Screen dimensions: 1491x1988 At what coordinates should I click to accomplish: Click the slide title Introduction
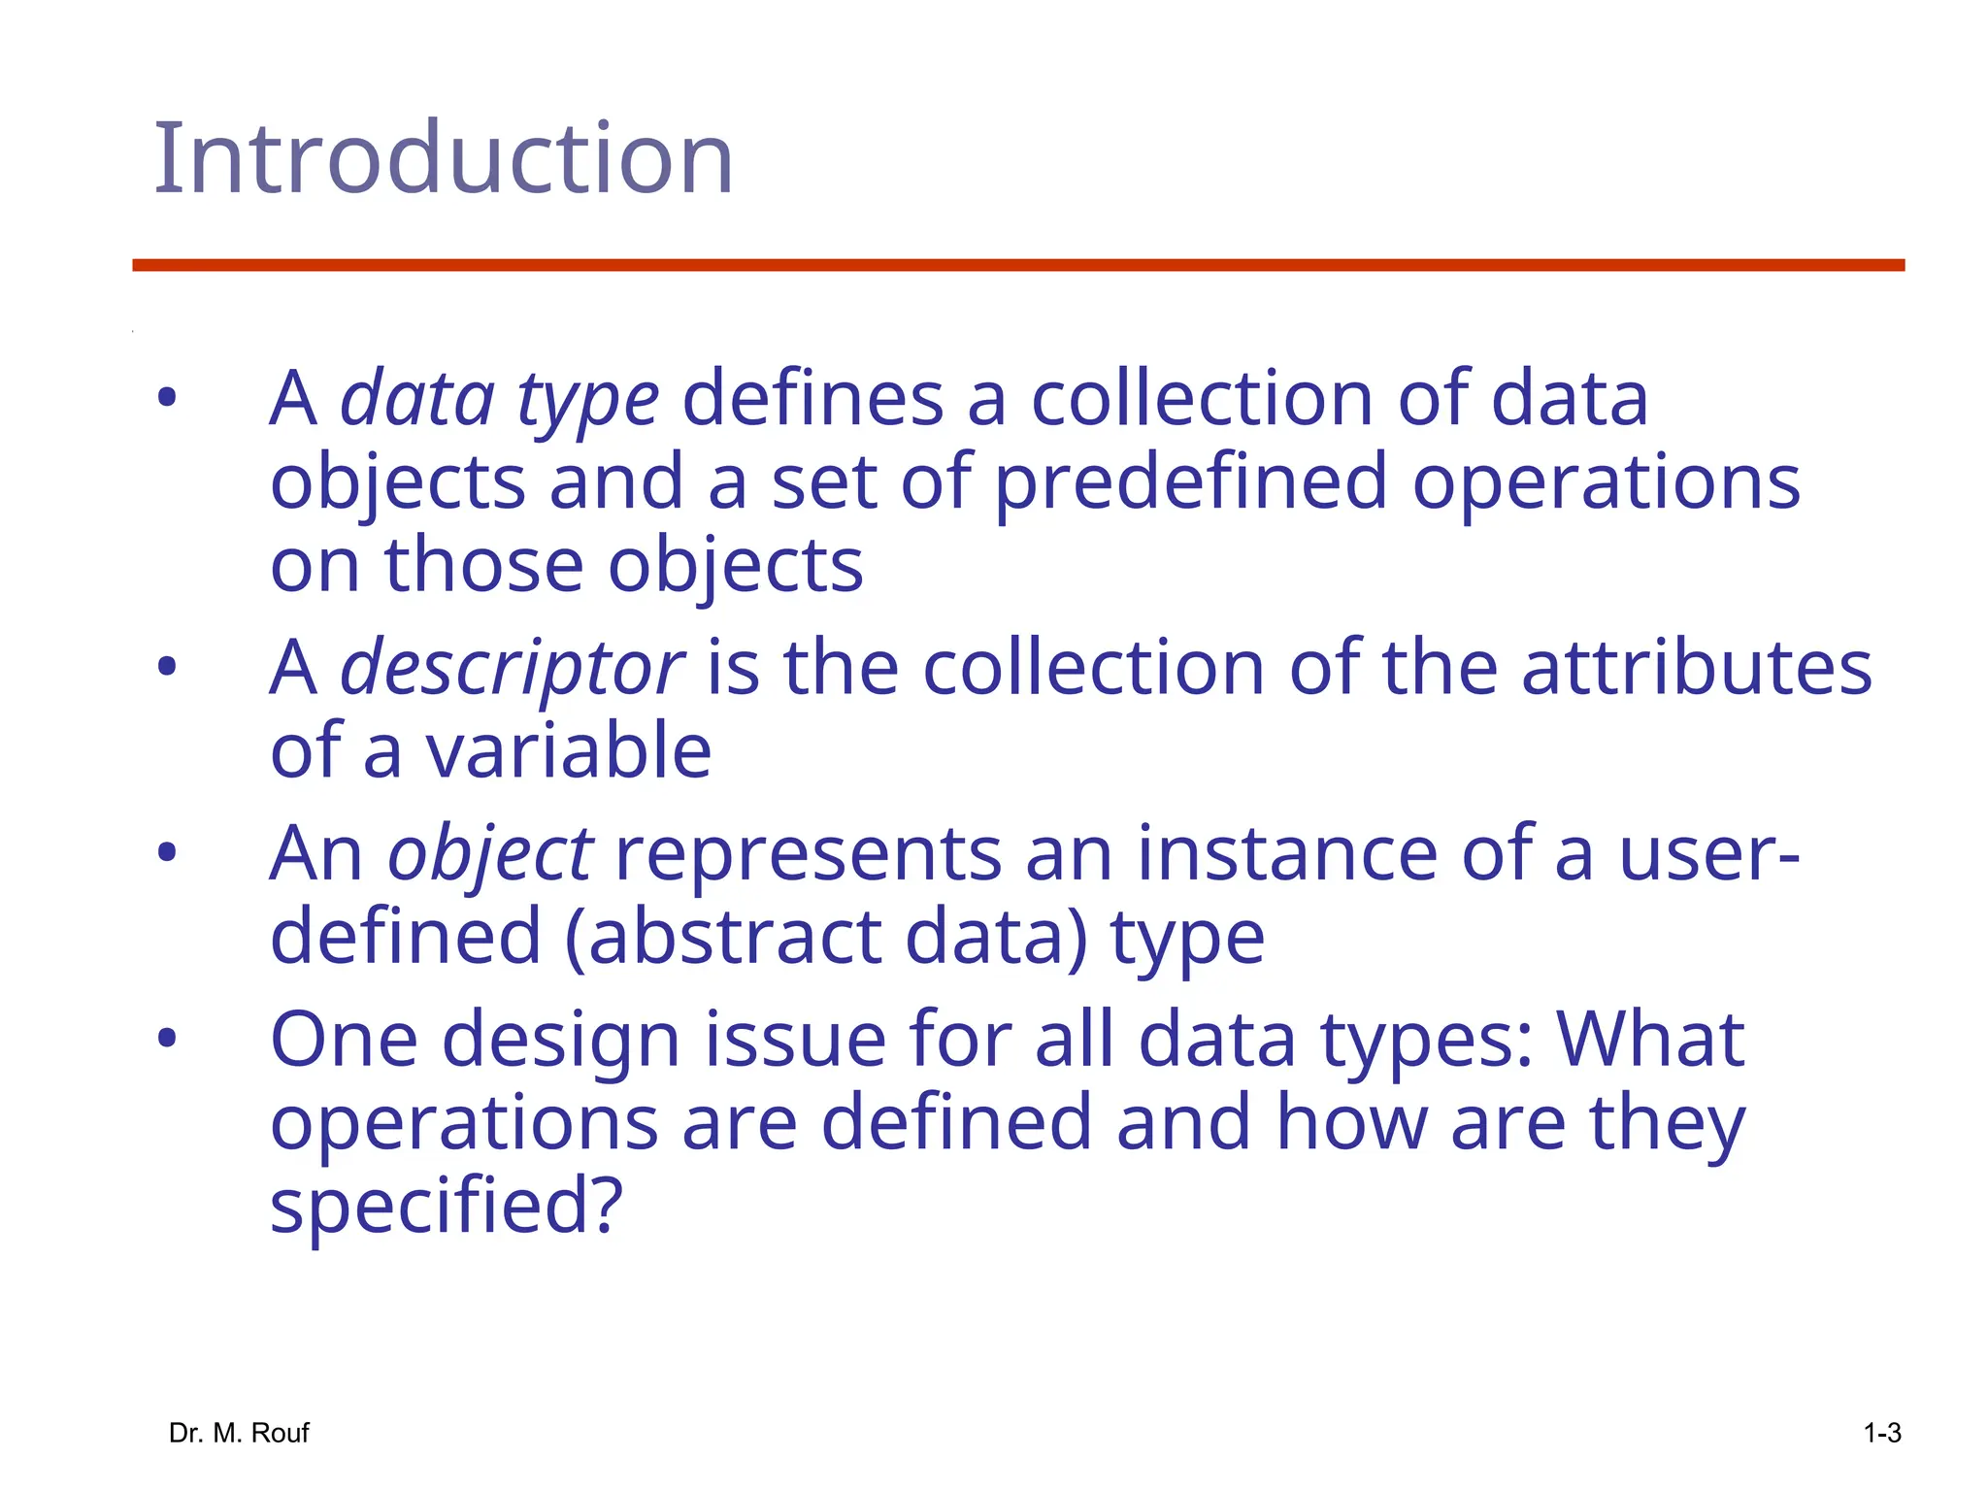tap(443, 158)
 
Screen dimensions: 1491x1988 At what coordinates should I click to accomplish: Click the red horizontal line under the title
tap(1017, 265)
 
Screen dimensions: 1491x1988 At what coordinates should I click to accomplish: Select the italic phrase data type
tap(499, 400)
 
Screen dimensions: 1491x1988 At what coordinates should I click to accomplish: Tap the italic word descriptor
tap(512, 669)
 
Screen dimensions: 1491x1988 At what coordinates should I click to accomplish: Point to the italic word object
tap(490, 854)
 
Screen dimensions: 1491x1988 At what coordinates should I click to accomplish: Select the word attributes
tap(1696, 669)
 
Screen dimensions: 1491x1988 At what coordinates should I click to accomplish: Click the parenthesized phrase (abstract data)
tap(826, 938)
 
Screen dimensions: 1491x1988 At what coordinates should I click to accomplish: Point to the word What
tap(1650, 1040)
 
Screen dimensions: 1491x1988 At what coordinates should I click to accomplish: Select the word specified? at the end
tap(446, 1207)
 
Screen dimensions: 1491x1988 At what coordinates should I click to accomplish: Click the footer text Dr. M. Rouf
tap(239, 1433)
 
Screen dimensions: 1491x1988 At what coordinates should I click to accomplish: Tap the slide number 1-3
tap(1882, 1433)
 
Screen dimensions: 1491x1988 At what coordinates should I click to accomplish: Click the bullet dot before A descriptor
tap(167, 667)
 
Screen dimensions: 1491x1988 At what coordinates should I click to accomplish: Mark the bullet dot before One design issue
tap(167, 1039)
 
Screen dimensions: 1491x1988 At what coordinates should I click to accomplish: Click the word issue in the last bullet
tap(795, 1040)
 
